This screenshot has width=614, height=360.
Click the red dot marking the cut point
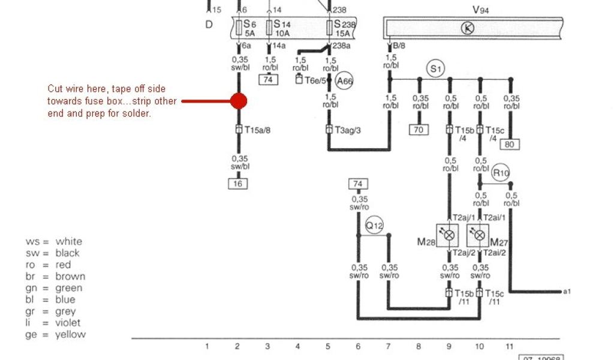(239, 101)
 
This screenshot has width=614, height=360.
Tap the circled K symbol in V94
(467, 27)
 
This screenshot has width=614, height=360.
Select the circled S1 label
(436, 69)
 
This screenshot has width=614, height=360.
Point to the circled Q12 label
(374, 225)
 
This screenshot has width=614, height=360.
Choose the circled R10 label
(501, 174)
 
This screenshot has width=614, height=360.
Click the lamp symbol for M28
(449, 236)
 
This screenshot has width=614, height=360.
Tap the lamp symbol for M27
(479, 236)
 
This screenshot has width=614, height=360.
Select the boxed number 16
(238, 184)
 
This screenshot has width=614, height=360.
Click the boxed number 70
(418, 129)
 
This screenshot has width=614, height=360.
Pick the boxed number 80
(510, 144)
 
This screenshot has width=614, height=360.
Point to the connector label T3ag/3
(347, 130)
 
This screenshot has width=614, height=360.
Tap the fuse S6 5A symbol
(240, 28)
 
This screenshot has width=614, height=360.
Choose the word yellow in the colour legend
(71, 334)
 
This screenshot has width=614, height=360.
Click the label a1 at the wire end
(567, 292)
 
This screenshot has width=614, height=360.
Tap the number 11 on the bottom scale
(510, 346)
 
